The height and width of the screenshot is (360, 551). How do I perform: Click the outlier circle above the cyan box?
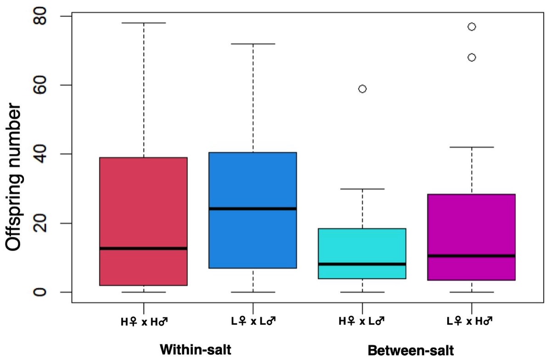tap(362, 89)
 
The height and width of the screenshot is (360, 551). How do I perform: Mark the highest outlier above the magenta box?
tap(472, 27)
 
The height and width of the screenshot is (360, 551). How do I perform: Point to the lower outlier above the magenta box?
tap(472, 57)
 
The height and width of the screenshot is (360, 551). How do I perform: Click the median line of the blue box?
tap(253, 208)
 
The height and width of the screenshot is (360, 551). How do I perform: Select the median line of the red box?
tap(144, 248)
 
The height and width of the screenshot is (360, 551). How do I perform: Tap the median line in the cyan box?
tap(362, 264)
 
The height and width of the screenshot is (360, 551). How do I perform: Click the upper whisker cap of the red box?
tap(144, 22)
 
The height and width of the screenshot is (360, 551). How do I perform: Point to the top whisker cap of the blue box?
tap(253, 44)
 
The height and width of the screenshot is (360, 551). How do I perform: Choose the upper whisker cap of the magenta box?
tap(472, 147)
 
